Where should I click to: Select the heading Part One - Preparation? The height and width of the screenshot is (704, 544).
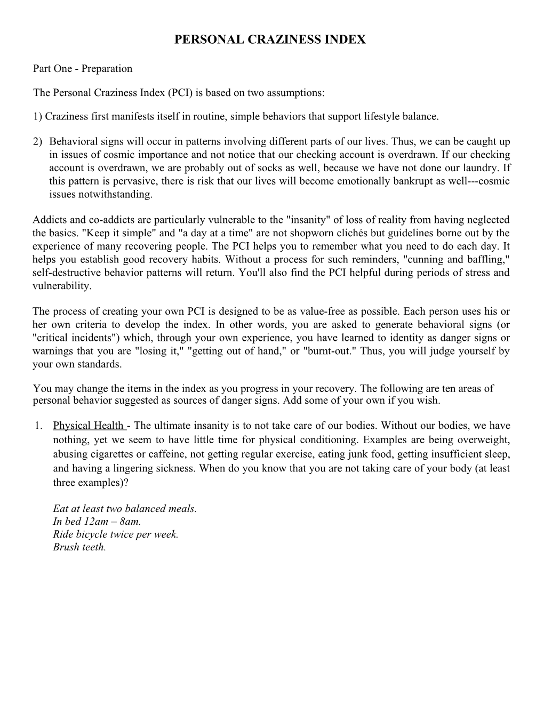[83, 69]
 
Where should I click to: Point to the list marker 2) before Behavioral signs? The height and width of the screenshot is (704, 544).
[37, 142]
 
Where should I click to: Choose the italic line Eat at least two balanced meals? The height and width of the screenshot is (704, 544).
[125, 509]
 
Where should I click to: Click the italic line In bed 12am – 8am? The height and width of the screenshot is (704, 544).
[97, 522]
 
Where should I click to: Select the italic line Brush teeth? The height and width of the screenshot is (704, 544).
[79, 547]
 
